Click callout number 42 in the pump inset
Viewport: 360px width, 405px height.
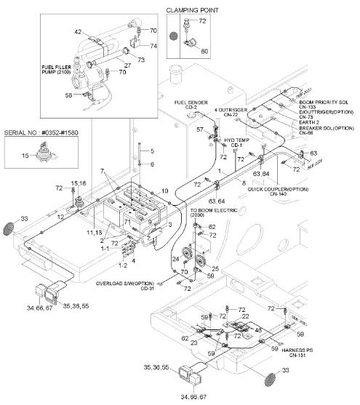[x=78, y=31]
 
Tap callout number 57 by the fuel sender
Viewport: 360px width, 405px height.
[x=199, y=129]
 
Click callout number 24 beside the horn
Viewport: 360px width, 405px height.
[x=175, y=259]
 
